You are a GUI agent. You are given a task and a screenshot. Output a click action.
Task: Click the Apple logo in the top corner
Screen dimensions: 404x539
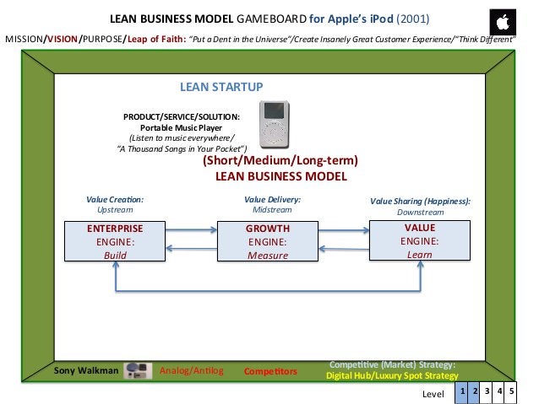click(504, 21)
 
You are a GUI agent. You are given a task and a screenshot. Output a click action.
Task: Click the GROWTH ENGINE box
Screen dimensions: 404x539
click(268, 241)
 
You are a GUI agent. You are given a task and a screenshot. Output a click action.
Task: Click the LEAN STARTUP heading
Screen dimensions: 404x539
click(221, 87)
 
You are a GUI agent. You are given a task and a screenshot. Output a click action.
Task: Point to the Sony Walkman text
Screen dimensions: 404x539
click(86, 369)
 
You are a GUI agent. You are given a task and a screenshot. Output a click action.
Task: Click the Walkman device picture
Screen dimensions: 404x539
click(137, 369)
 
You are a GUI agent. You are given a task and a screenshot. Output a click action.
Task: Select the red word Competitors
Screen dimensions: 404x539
click(270, 371)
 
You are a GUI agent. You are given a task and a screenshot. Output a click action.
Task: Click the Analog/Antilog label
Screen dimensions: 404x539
click(191, 369)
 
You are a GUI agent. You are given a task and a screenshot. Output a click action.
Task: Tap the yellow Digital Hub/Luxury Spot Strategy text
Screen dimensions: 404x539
click(392, 375)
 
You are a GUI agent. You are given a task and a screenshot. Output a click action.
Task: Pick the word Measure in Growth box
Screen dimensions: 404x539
click(268, 255)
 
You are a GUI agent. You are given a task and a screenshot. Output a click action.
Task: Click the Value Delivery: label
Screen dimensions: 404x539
click(272, 199)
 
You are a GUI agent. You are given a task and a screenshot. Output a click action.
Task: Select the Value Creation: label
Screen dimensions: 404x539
click(115, 199)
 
